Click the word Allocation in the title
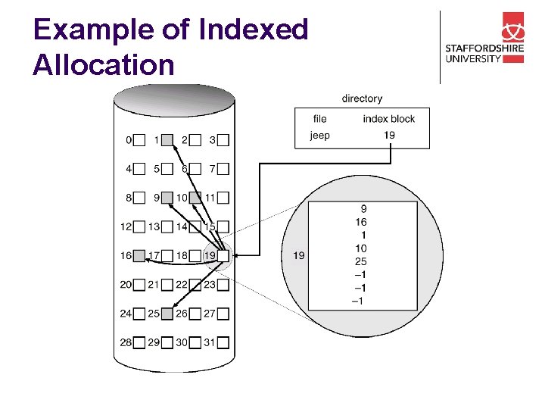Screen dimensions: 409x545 [x=104, y=65]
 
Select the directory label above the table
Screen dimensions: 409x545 [x=362, y=98]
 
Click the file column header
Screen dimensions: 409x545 [x=320, y=119]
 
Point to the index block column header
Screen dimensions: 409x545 [x=389, y=119]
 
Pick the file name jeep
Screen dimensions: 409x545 [x=320, y=136]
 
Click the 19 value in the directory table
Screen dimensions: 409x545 [x=389, y=136]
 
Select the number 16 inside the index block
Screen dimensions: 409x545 [x=360, y=222]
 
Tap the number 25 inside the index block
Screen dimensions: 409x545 [x=360, y=261]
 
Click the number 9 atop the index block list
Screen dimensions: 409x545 [x=363, y=208]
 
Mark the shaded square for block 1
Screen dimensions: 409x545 [x=168, y=140]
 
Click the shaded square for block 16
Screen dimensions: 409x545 [x=139, y=256]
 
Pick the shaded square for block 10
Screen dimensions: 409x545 [x=195, y=198]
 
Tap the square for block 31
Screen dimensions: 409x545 [x=223, y=342]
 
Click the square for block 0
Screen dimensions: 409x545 [x=139, y=140]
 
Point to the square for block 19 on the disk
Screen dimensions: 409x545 [x=223, y=256]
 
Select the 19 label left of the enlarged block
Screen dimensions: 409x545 [x=298, y=256]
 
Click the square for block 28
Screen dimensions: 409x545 [x=139, y=342]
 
